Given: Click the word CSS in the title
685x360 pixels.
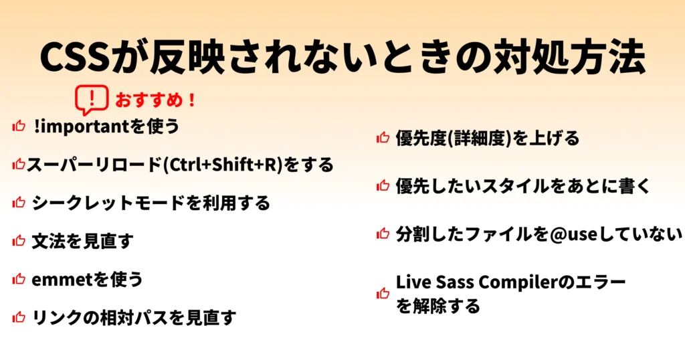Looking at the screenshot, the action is pyautogui.click(x=74, y=57).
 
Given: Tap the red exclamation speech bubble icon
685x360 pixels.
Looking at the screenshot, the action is pyautogui.click(x=92, y=99).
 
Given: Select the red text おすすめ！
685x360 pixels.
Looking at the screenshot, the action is pyautogui.click(x=155, y=100).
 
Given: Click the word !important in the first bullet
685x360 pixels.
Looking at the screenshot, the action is pyautogui.click(x=81, y=126).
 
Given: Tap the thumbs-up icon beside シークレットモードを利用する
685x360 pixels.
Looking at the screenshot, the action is pyautogui.click(x=19, y=202).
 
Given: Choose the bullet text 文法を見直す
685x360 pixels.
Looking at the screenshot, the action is pyautogui.click(x=82, y=241).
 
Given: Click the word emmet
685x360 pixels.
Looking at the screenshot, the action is pyautogui.click(x=60, y=280).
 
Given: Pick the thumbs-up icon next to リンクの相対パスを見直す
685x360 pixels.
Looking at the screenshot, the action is pyautogui.click(x=19, y=317).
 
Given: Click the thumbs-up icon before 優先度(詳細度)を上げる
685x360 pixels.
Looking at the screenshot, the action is pyautogui.click(x=383, y=138).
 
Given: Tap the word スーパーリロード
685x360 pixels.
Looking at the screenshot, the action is pyautogui.click(x=94, y=165).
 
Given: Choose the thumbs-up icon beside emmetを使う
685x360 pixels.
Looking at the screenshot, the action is pyautogui.click(x=19, y=278).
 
